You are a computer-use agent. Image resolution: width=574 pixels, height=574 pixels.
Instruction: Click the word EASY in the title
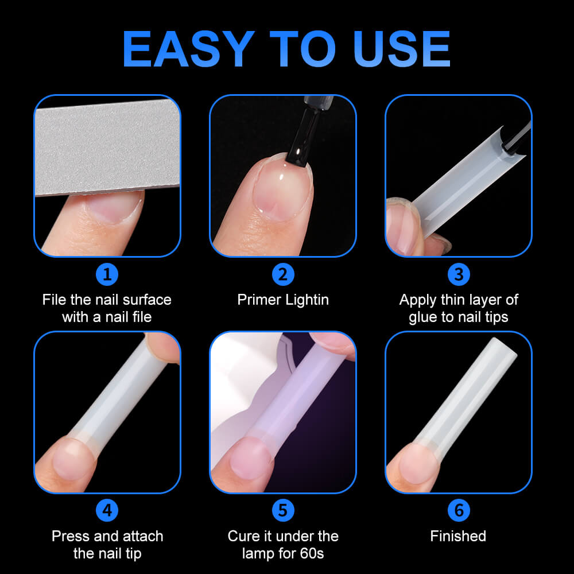[188, 49]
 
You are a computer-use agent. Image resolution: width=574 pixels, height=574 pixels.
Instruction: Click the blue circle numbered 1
[107, 274]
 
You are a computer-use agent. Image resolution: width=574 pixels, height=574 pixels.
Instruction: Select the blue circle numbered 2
[283, 274]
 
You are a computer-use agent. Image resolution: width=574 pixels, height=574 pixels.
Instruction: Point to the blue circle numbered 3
[459, 274]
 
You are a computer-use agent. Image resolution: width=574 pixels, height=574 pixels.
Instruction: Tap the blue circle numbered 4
[107, 510]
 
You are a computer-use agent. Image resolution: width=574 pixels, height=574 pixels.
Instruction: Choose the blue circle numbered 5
[283, 510]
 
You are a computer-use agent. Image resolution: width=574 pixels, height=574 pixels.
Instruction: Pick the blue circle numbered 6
[459, 510]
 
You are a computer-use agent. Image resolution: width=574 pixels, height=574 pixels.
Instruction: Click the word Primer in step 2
[259, 300]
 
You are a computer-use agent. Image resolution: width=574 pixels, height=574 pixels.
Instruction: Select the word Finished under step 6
[458, 536]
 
